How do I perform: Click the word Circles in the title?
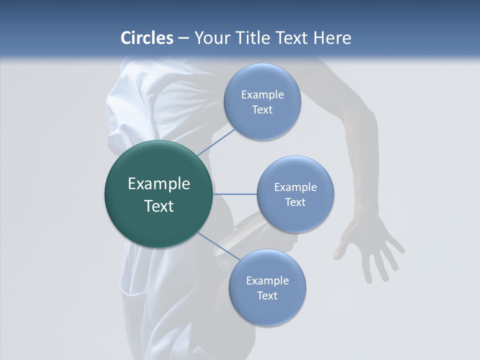click(147, 38)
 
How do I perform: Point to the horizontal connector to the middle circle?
click(235, 194)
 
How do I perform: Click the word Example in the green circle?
click(159, 184)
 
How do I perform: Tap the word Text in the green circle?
click(159, 206)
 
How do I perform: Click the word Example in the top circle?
click(262, 95)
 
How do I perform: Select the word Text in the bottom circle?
click(267, 296)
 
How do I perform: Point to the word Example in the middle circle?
click(295, 187)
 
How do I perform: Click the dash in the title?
click(183, 38)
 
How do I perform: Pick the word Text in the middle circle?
click(295, 202)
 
